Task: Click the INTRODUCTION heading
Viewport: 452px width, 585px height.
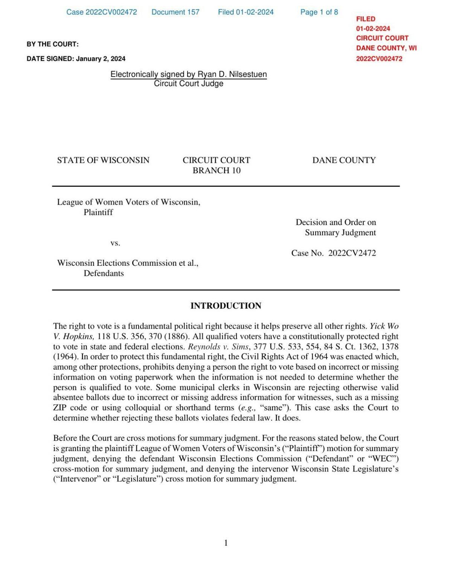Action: tap(226, 306)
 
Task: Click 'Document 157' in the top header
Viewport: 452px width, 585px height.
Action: tap(175, 12)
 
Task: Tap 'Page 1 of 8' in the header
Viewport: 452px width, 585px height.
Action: tap(319, 12)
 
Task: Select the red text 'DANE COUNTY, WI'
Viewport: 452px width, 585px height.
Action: tap(386, 48)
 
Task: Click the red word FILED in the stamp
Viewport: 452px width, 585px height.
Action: tap(365, 19)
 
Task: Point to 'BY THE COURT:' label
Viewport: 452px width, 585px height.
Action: tap(52, 44)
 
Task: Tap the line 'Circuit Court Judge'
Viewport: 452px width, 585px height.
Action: tap(188, 84)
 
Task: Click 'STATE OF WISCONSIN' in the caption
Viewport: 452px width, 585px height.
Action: tap(103, 160)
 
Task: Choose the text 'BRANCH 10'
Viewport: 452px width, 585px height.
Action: tap(216, 171)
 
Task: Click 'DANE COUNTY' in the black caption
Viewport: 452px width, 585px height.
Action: tap(344, 160)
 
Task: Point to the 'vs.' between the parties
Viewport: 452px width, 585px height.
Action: tap(115, 243)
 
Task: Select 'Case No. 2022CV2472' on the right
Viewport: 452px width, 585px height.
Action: tap(333, 253)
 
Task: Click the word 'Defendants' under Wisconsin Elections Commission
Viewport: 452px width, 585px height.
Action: tap(104, 273)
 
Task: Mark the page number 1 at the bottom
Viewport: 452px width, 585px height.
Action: tap(226, 543)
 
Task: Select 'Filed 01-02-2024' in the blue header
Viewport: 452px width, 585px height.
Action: tap(246, 12)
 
